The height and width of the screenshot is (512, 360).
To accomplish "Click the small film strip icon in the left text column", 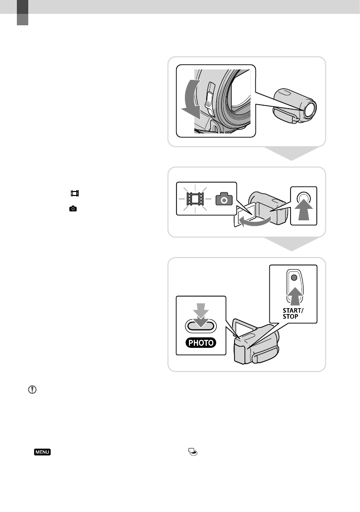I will click(x=75, y=193).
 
